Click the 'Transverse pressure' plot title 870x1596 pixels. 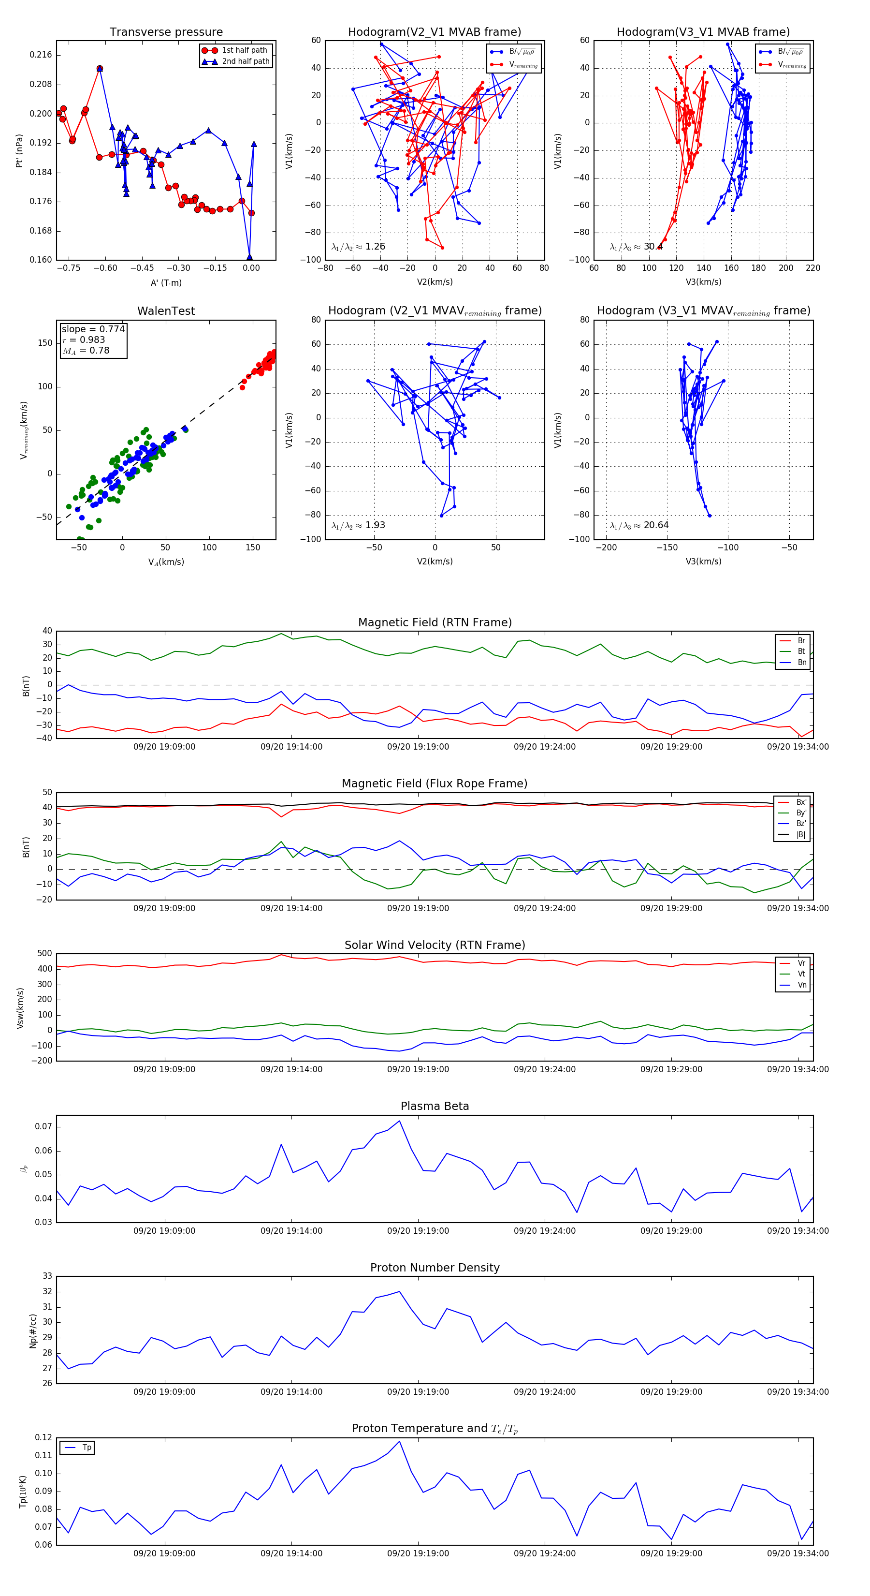coord(166,32)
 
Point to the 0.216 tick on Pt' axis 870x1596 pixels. coord(41,55)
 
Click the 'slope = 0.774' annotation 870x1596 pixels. coord(93,329)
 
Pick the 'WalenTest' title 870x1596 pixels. coord(166,311)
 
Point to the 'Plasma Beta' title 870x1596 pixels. coord(435,1106)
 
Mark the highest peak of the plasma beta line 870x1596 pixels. coord(399,1120)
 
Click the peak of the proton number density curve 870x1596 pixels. coord(399,1291)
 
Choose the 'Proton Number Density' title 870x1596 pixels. coord(435,1267)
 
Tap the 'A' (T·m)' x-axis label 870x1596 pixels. coord(166,282)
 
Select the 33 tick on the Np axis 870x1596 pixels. coord(47,1276)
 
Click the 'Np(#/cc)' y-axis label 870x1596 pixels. coord(33,1331)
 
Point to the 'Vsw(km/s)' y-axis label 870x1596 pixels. coord(20,1008)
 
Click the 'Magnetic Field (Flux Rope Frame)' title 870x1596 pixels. coord(435,784)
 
